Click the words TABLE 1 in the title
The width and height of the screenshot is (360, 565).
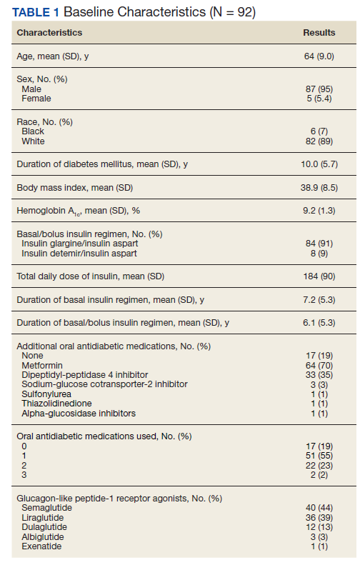tap(35, 12)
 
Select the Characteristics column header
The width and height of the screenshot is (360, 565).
tap(49, 32)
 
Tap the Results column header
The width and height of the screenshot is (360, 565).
tap(319, 32)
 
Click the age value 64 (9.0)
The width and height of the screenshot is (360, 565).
tap(319, 56)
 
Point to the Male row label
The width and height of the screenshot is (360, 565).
tap(31, 89)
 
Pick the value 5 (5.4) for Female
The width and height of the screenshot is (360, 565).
tap(319, 99)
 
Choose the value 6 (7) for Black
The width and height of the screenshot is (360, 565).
tap(319, 131)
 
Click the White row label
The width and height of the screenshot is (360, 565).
tap(33, 141)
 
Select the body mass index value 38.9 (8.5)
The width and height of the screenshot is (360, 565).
tap(319, 188)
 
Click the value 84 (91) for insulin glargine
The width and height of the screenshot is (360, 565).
tap(319, 244)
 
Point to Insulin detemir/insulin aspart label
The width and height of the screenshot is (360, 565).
tap(79, 254)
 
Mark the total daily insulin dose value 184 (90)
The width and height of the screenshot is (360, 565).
tap(319, 276)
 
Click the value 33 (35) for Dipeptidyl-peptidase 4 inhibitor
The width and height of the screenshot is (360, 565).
tap(319, 375)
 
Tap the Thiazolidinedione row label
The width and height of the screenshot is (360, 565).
tap(56, 404)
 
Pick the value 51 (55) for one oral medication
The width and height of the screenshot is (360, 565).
tap(319, 456)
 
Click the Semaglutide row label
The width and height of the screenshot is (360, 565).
tap(47, 508)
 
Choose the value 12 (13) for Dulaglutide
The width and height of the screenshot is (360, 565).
tap(319, 527)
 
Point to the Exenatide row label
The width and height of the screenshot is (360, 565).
tap(41, 546)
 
